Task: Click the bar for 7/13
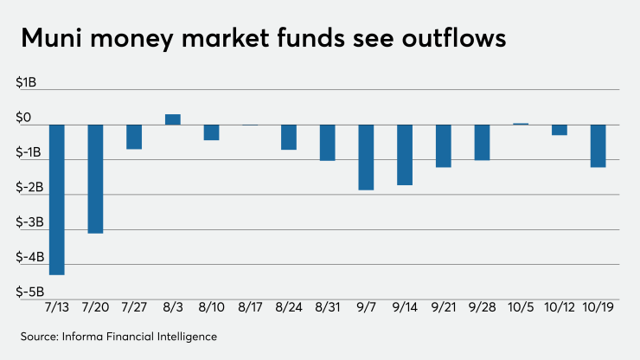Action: click(57, 200)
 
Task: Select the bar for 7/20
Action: click(95, 179)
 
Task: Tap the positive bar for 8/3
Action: click(173, 119)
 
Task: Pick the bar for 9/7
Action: click(366, 157)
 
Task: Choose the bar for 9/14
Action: click(405, 155)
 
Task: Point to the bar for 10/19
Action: click(598, 146)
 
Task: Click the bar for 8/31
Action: click(327, 143)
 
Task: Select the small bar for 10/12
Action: click(560, 130)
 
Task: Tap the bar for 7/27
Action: click(134, 137)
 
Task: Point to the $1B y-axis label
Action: click(26, 82)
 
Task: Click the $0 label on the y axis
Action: click(23, 118)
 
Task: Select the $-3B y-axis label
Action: click(29, 222)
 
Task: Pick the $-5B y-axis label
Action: click(29, 292)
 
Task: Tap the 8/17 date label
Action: click(250, 307)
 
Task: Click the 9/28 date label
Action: click(482, 307)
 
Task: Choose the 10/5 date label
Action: click(521, 307)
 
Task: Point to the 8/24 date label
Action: click(289, 307)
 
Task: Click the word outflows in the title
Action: click(454, 38)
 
